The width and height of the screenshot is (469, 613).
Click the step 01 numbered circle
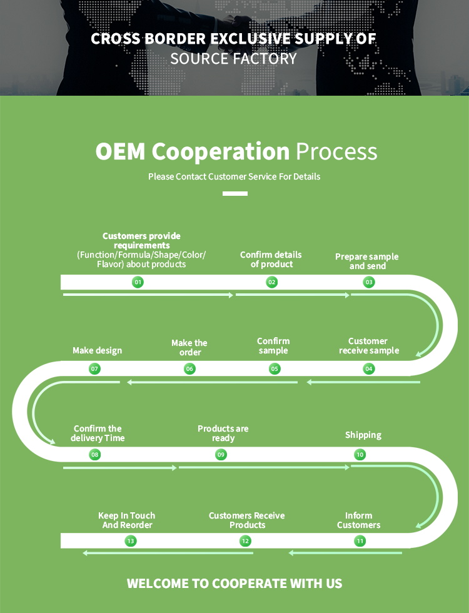(138, 282)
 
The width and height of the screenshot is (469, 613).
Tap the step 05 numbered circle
(275, 369)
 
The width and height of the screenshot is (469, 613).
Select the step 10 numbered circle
(360, 455)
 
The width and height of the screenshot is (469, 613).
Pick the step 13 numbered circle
(130, 541)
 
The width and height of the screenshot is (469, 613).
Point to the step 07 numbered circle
(94, 369)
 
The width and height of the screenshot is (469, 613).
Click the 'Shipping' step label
(363, 435)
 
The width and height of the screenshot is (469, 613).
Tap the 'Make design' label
(97, 350)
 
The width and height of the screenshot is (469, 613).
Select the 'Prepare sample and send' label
(367, 261)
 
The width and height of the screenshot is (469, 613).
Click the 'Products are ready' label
(223, 433)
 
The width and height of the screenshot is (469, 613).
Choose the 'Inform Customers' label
(359, 520)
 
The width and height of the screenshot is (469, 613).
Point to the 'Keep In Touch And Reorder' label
(127, 520)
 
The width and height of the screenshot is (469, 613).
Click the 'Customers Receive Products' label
(247, 520)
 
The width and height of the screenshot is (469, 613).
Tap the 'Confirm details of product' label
(271, 260)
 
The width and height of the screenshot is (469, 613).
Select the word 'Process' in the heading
(336, 151)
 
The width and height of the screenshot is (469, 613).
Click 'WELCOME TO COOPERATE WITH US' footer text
(234, 584)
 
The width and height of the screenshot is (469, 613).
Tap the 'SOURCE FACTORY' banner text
(234, 59)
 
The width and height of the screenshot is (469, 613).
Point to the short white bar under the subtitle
(235, 193)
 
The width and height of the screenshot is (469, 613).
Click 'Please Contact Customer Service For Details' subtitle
(234, 176)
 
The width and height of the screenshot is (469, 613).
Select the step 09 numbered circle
(221, 455)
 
